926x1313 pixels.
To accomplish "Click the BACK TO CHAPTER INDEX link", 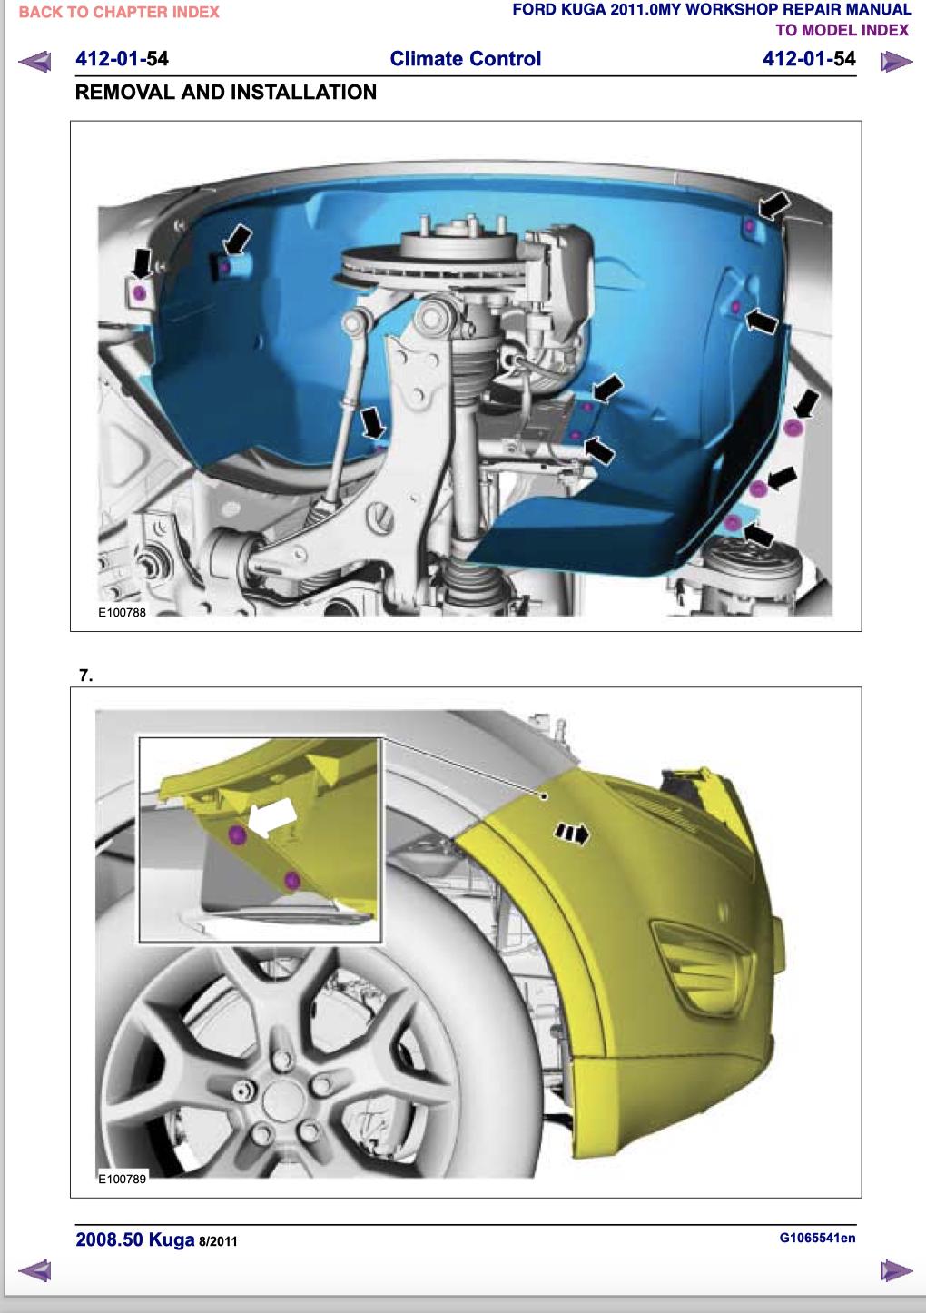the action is (x=119, y=13).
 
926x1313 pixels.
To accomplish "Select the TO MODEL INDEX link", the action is (x=842, y=30).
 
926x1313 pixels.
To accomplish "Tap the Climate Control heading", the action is (x=466, y=59).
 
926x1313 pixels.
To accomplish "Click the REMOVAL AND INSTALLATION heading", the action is (x=226, y=92).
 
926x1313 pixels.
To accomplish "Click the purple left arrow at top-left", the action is (x=34, y=61).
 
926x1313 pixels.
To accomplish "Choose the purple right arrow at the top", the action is (x=897, y=61).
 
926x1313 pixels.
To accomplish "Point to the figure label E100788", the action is (x=122, y=612).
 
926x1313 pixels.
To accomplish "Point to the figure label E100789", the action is (x=122, y=1179).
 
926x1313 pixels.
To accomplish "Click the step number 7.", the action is (x=85, y=676).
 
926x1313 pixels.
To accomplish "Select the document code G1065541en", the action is (x=817, y=1238).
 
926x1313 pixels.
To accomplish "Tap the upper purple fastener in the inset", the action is (x=237, y=834).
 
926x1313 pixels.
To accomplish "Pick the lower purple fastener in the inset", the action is (x=291, y=880).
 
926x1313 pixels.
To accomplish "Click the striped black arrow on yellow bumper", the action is (x=572, y=834).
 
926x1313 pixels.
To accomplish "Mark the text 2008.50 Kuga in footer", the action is (x=134, y=1239).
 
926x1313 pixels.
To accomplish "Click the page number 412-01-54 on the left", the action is (x=122, y=59).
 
